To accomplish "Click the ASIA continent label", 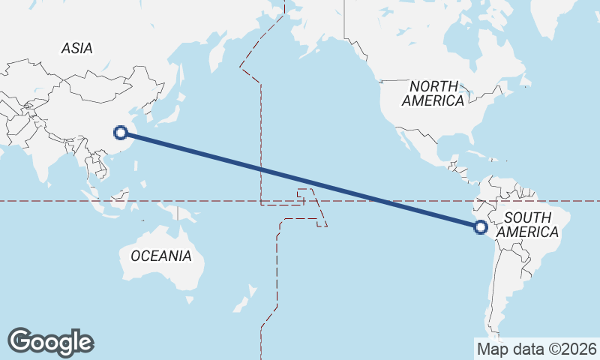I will tap(77, 48).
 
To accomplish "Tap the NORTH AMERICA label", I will tap(433, 93).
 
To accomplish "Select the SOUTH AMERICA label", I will tap(528, 224).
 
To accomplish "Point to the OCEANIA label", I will tap(160, 256).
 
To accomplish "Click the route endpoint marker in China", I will tap(120, 133).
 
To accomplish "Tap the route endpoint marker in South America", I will tap(481, 227).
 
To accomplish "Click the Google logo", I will tap(50, 342).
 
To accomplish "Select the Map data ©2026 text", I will tap(537, 349).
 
